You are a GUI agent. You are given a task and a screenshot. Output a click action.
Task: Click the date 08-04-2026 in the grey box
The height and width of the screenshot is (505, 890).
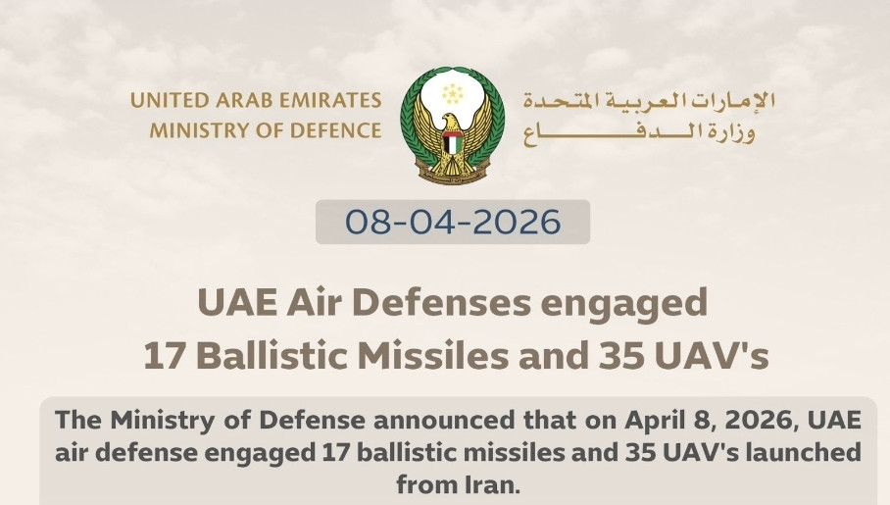[453, 223]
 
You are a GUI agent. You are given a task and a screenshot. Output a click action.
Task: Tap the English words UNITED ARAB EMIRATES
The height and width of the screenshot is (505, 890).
[256, 101]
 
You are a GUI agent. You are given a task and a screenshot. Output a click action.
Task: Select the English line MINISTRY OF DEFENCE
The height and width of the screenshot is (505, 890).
[265, 130]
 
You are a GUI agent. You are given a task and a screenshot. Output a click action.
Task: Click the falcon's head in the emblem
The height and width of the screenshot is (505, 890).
[450, 121]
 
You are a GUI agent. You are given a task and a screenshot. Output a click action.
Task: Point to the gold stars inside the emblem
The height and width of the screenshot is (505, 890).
[453, 94]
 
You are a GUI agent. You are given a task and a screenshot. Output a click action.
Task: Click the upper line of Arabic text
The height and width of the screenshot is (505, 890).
[649, 101]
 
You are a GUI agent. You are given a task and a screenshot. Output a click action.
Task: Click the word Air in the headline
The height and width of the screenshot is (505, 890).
[315, 303]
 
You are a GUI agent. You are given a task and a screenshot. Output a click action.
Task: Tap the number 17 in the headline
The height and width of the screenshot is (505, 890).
[166, 356]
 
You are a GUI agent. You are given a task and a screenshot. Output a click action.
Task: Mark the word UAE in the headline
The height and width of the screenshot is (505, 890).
[237, 303]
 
